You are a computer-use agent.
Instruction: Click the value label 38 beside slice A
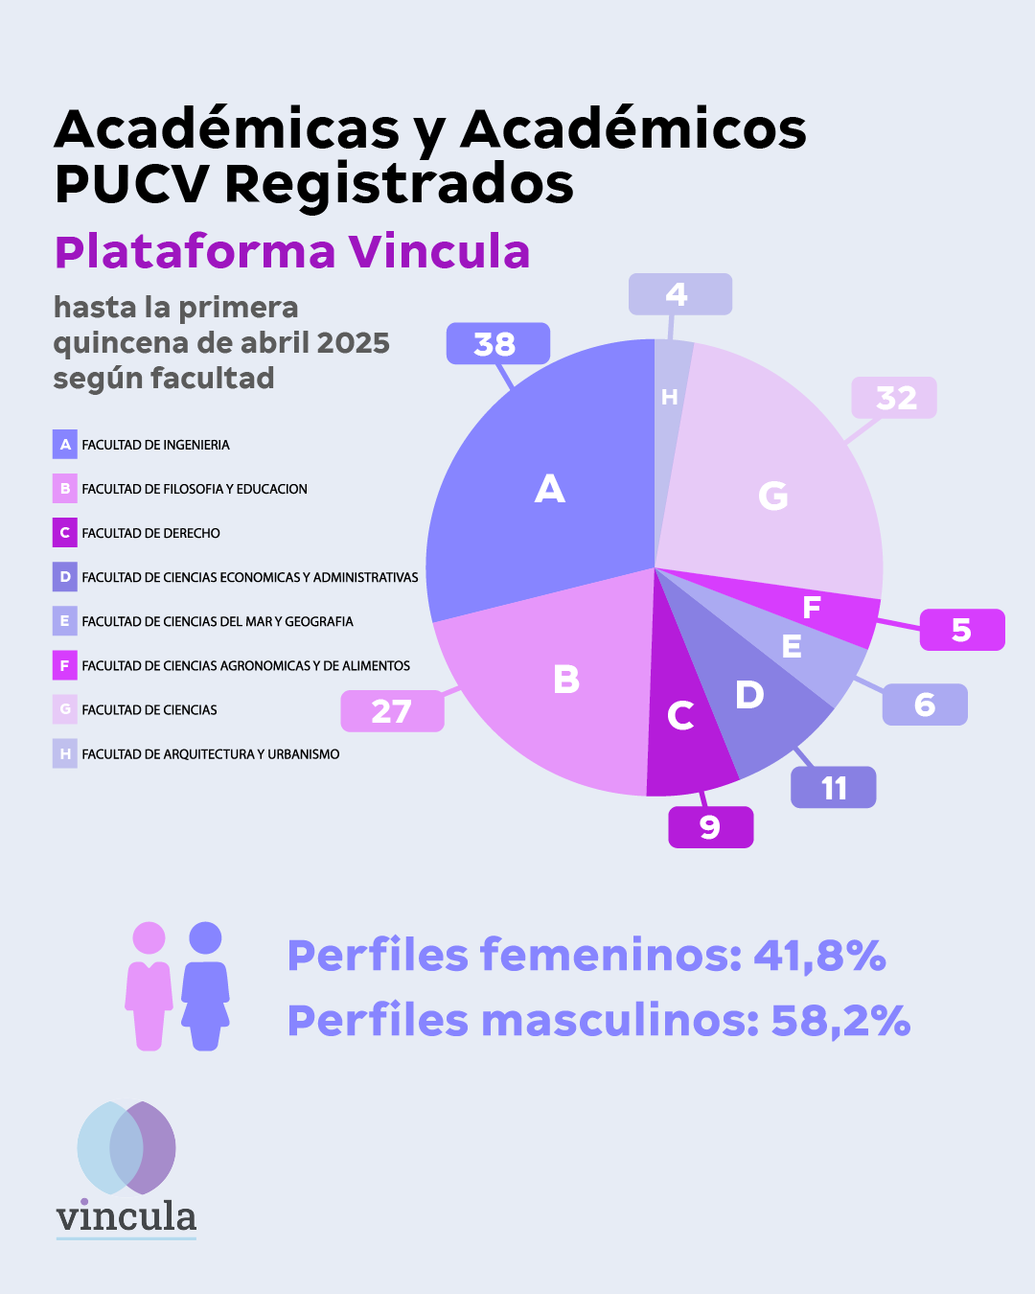pyautogui.click(x=497, y=343)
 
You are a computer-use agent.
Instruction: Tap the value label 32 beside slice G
pyautogui.click(x=894, y=398)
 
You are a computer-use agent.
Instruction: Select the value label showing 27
pyautogui.click(x=392, y=711)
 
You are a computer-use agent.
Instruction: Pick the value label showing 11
pyautogui.click(x=833, y=788)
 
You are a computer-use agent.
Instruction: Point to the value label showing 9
pyautogui.click(x=710, y=827)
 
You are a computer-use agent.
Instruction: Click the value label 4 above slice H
pyautogui.click(x=679, y=294)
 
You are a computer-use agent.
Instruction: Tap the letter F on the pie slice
pyautogui.click(x=812, y=608)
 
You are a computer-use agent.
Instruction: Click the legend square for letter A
pyautogui.click(x=65, y=445)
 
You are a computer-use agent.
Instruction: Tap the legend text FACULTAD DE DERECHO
pyautogui.click(x=151, y=533)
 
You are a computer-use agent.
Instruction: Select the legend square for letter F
pyautogui.click(x=65, y=665)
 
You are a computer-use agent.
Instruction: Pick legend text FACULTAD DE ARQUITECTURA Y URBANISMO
pyautogui.click(x=211, y=754)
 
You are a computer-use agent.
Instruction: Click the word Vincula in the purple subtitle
pyautogui.click(x=439, y=252)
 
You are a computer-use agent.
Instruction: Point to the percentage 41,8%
pyautogui.click(x=819, y=956)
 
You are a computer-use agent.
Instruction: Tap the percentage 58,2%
pyautogui.click(x=840, y=1021)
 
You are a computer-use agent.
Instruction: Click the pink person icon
pyautogui.click(x=149, y=986)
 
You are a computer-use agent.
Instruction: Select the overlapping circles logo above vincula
pyautogui.click(x=126, y=1147)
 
